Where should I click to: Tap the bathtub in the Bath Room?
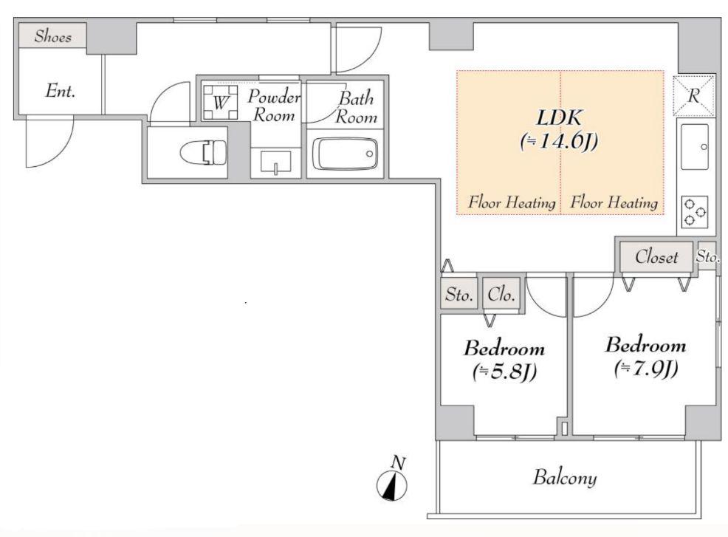pyautogui.click(x=346, y=154)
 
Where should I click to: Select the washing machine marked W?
pyautogui.click(x=221, y=102)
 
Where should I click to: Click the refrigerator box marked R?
pyautogui.click(x=693, y=96)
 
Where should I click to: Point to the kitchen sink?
pyautogui.click(x=695, y=147)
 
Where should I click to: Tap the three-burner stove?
pyautogui.click(x=695, y=211)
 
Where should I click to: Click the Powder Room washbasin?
pyautogui.click(x=276, y=162)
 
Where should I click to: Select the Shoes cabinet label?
pyautogui.click(x=53, y=35)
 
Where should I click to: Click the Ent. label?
pyautogui.click(x=61, y=91)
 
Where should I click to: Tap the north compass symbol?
pyautogui.click(x=392, y=485)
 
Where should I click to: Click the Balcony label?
pyautogui.click(x=565, y=478)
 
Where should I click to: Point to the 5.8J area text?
pyautogui.click(x=505, y=371)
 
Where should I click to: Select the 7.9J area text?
pyautogui.click(x=646, y=369)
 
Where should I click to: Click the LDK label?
pyautogui.click(x=559, y=117)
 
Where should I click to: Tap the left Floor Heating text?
pyautogui.click(x=512, y=202)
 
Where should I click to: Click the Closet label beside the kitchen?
pyautogui.click(x=656, y=256)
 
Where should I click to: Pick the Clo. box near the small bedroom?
pyautogui.click(x=501, y=294)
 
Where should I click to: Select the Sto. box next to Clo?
pyautogui.click(x=459, y=294)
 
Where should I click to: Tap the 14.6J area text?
pyautogui.click(x=559, y=141)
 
